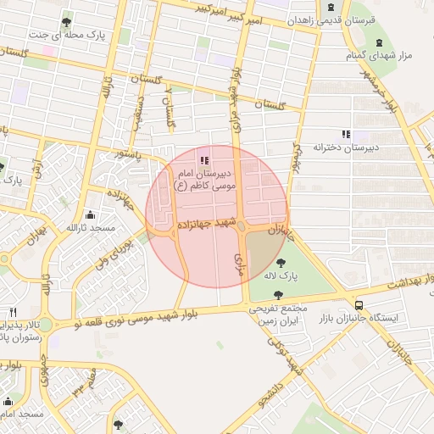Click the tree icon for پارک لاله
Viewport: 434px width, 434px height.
(x=281, y=263)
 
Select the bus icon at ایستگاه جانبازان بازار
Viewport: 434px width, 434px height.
(x=359, y=304)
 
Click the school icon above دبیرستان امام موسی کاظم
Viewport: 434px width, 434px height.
(x=203, y=159)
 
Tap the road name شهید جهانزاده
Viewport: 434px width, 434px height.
(x=203, y=225)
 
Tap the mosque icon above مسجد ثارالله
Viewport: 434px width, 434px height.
(x=90, y=215)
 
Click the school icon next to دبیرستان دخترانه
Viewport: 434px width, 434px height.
(x=345, y=133)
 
